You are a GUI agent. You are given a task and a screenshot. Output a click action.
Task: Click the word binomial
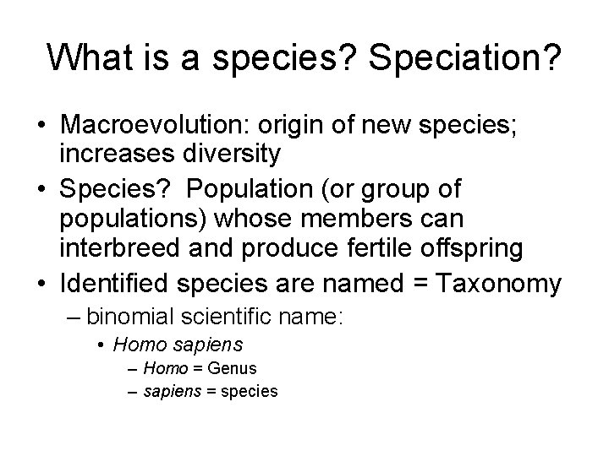[128, 318]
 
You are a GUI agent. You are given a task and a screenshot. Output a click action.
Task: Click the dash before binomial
[75, 318]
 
